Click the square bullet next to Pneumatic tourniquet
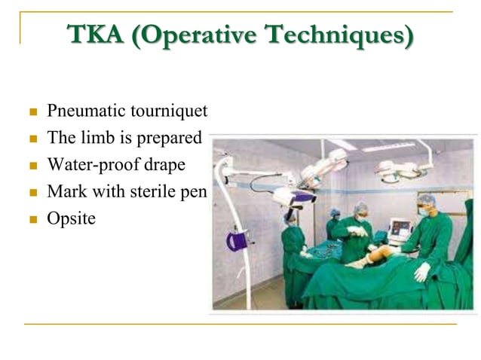tap(32, 113)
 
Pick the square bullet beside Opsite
tap(32, 219)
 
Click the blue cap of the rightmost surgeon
tap(427, 200)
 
